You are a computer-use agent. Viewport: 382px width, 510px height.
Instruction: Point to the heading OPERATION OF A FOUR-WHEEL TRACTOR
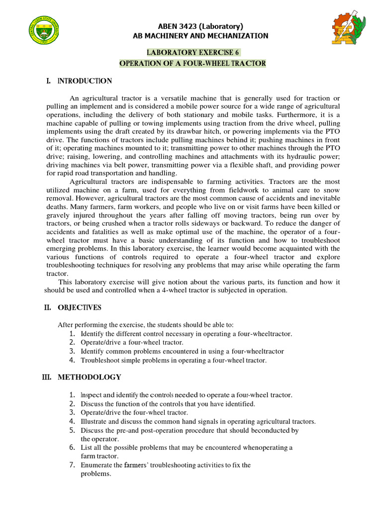(193, 64)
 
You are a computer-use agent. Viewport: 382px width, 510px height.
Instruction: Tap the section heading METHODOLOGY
(89, 377)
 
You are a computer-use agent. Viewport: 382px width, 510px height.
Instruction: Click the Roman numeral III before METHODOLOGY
(47, 377)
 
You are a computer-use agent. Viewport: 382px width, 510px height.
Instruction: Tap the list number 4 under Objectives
(72, 360)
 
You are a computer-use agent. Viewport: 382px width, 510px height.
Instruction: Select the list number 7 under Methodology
(72, 465)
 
